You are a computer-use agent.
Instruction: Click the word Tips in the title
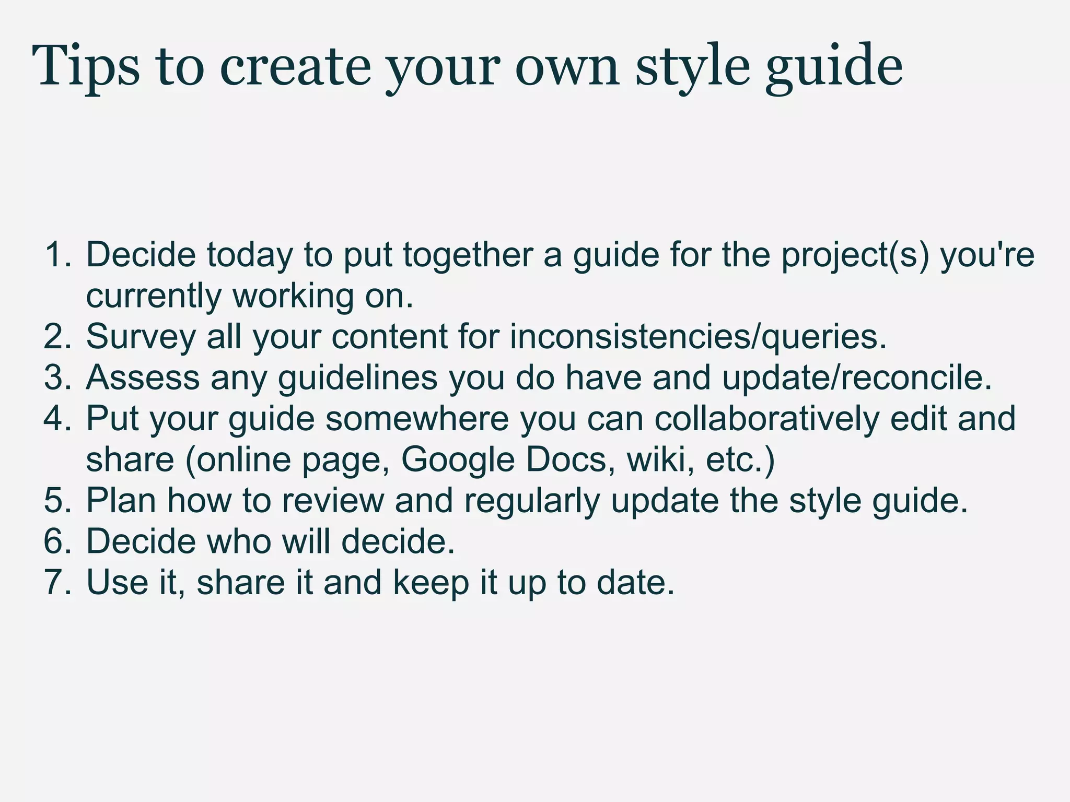pyautogui.click(x=86, y=67)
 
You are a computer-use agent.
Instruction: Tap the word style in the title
pyautogui.click(x=692, y=67)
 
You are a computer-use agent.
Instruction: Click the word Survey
pyautogui.click(x=141, y=337)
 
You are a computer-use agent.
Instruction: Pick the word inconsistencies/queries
pyautogui.click(x=698, y=337)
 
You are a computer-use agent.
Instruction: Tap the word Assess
pyautogui.click(x=143, y=378)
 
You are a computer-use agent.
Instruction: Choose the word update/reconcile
pyautogui.click(x=857, y=378)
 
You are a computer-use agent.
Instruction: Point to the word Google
pyautogui.click(x=458, y=459)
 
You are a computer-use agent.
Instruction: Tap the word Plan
pyautogui.click(x=121, y=500)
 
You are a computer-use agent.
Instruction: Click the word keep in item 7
pyautogui.click(x=431, y=583)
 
